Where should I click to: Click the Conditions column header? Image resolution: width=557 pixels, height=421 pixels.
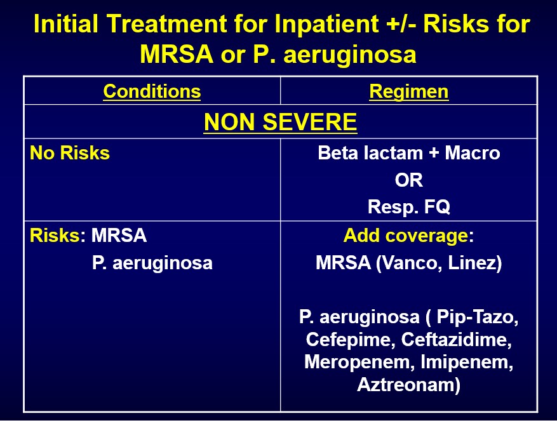coord(152,91)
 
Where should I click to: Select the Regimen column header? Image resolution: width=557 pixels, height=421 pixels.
coord(408,92)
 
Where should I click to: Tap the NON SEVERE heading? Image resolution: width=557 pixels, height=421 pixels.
coord(280,122)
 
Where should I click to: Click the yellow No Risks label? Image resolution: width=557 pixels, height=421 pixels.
coord(70,153)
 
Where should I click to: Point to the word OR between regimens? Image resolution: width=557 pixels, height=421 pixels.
coord(409,180)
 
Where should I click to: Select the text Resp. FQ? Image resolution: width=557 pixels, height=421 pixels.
coord(409,207)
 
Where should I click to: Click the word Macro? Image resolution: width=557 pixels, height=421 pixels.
coord(473,153)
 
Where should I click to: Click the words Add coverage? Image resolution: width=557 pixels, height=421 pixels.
coord(405,236)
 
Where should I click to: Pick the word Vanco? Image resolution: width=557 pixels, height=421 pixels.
coord(411,264)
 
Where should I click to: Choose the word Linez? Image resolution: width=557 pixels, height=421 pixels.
coord(472,264)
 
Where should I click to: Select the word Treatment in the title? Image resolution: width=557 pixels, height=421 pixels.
coord(166,23)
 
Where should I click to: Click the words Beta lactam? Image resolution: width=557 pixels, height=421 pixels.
coord(370,153)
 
